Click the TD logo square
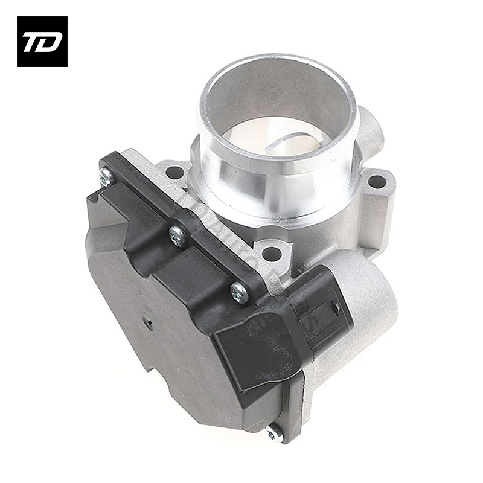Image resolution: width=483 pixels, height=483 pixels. click(x=42, y=41)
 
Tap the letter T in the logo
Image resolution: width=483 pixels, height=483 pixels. click(x=33, y=42)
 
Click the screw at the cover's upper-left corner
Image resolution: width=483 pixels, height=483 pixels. click(x=107, y=176)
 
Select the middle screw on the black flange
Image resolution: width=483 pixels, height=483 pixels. click(x=177, y=235)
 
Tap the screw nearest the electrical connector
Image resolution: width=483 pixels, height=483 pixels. click(x=240, y=292)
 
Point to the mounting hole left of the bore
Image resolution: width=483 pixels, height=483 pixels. click(x=174, y=172)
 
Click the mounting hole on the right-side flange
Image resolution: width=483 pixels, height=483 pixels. click(x=376, y=181)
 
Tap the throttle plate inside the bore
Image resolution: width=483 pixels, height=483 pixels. click(x=290, y=142)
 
